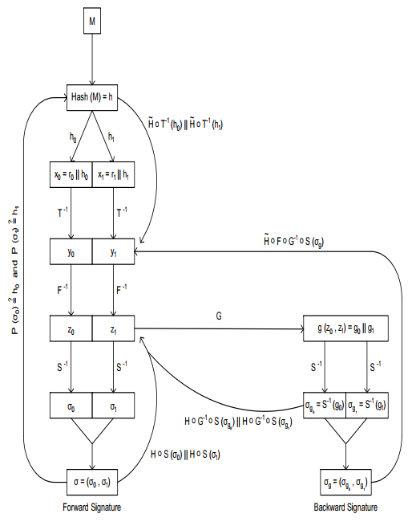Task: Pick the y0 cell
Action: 71,251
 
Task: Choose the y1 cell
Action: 115,251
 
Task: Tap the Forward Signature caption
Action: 93,508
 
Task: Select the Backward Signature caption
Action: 345,508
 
